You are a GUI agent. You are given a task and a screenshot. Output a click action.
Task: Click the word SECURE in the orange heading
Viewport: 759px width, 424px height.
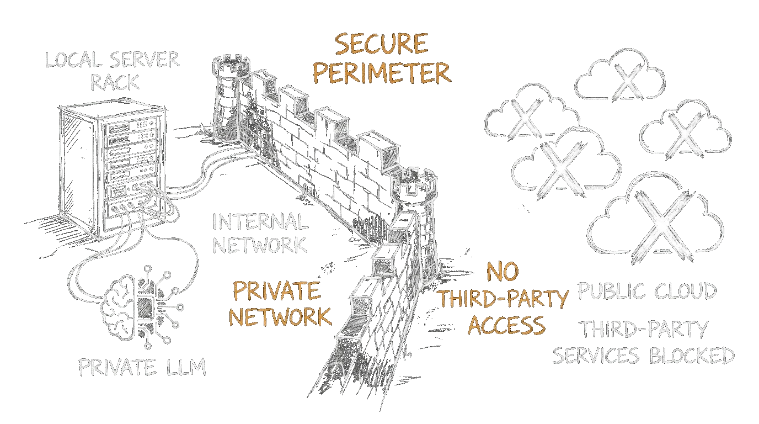point(381,44)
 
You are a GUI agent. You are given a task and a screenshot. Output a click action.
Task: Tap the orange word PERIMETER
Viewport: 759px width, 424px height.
point(382,73)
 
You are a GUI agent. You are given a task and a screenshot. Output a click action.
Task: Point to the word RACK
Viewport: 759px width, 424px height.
point(115,83)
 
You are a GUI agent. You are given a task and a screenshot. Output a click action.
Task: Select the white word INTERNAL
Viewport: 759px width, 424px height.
point(260,222)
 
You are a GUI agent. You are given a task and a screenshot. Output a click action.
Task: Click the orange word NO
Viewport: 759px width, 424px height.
point(501,272)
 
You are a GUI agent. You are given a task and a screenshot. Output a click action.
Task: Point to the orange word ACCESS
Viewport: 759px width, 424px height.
point(506,325)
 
